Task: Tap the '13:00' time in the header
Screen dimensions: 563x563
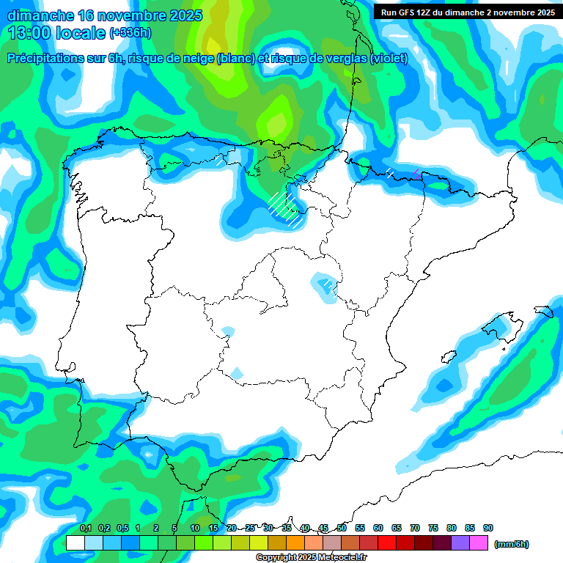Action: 31,33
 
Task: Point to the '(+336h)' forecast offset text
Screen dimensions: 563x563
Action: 130,33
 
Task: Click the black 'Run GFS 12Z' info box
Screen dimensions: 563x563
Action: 466,12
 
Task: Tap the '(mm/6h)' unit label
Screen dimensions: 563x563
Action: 511,544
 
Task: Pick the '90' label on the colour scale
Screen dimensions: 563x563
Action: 488,528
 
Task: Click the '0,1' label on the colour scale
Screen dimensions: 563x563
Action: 86,528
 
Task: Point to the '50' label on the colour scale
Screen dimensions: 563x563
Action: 342,528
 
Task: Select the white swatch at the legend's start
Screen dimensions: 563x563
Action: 75,543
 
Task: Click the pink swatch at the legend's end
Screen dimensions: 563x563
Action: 479,543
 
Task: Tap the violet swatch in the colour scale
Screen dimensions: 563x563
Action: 460,543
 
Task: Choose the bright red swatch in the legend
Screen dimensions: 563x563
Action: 387,543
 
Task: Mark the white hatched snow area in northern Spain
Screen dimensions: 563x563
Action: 284,205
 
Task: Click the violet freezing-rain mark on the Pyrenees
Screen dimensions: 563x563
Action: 416,174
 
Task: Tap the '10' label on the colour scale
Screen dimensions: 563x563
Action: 195,528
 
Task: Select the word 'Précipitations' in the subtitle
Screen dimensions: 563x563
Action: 44,59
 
